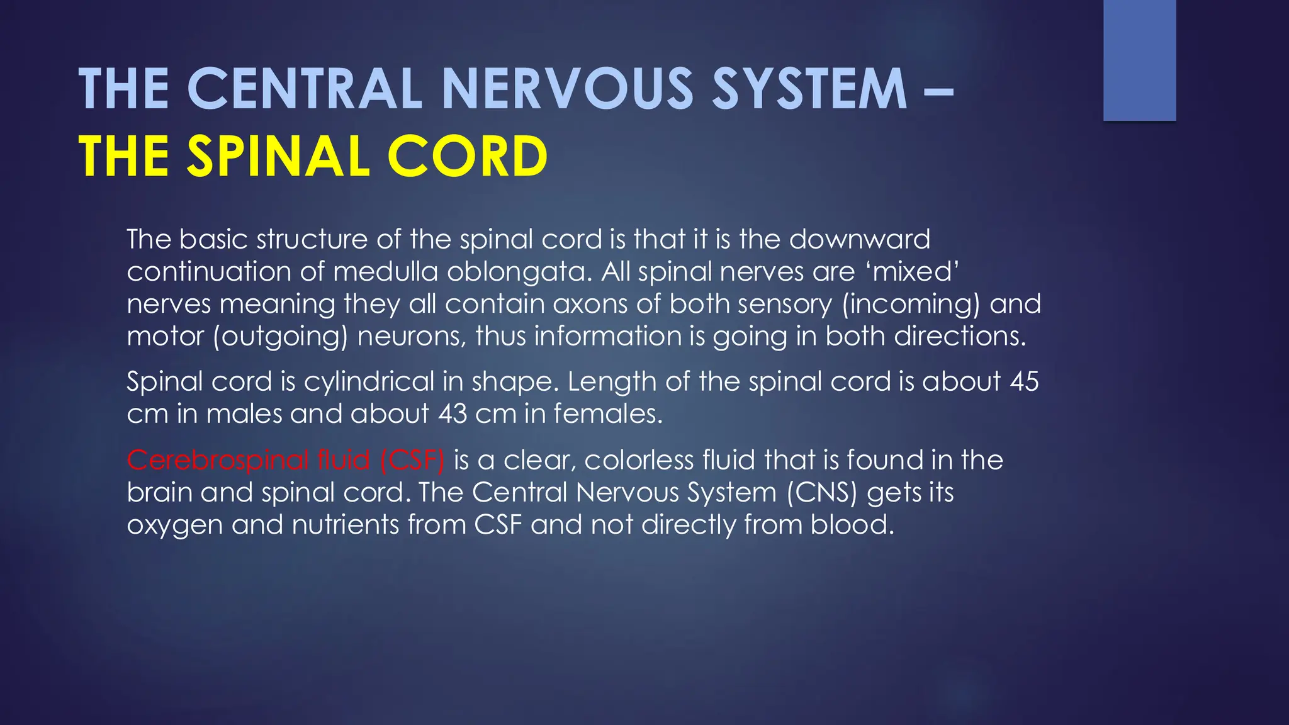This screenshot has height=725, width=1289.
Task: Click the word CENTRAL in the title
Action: [x=304, y=89]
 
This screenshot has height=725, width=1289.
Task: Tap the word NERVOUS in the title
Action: [x=567, y=89]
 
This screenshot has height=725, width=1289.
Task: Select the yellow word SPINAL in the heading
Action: [x=278, y=157]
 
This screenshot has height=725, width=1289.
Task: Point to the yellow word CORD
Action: [x=467, y=157]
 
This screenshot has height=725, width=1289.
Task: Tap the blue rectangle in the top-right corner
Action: [x=1139, y=60]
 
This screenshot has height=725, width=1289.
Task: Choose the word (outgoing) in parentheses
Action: [x=280, y=337]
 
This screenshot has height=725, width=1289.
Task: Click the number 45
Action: [x=1024, y=381]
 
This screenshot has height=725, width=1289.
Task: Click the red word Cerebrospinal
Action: [x=217, y=461]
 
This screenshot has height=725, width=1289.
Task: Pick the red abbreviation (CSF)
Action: [x=412, y=461]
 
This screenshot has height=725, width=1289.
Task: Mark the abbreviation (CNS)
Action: [x=822, y=493]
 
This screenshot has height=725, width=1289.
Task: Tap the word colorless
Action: [x=639, y=461]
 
